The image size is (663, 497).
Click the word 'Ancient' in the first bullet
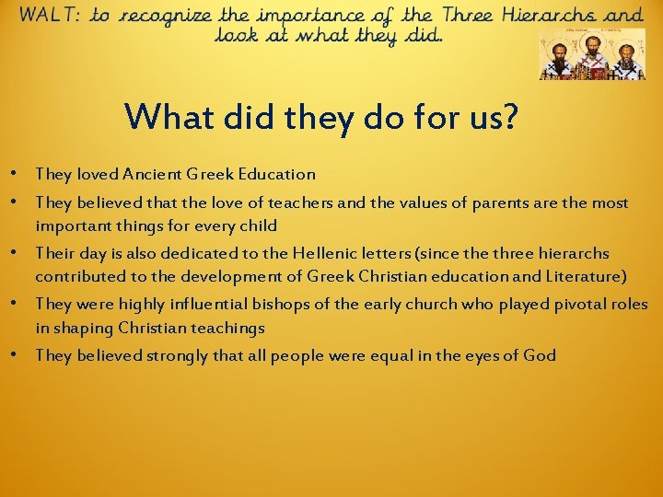coord(148,174)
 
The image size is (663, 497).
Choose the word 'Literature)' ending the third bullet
coord(580,276)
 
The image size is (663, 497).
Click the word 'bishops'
coord(292,304)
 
